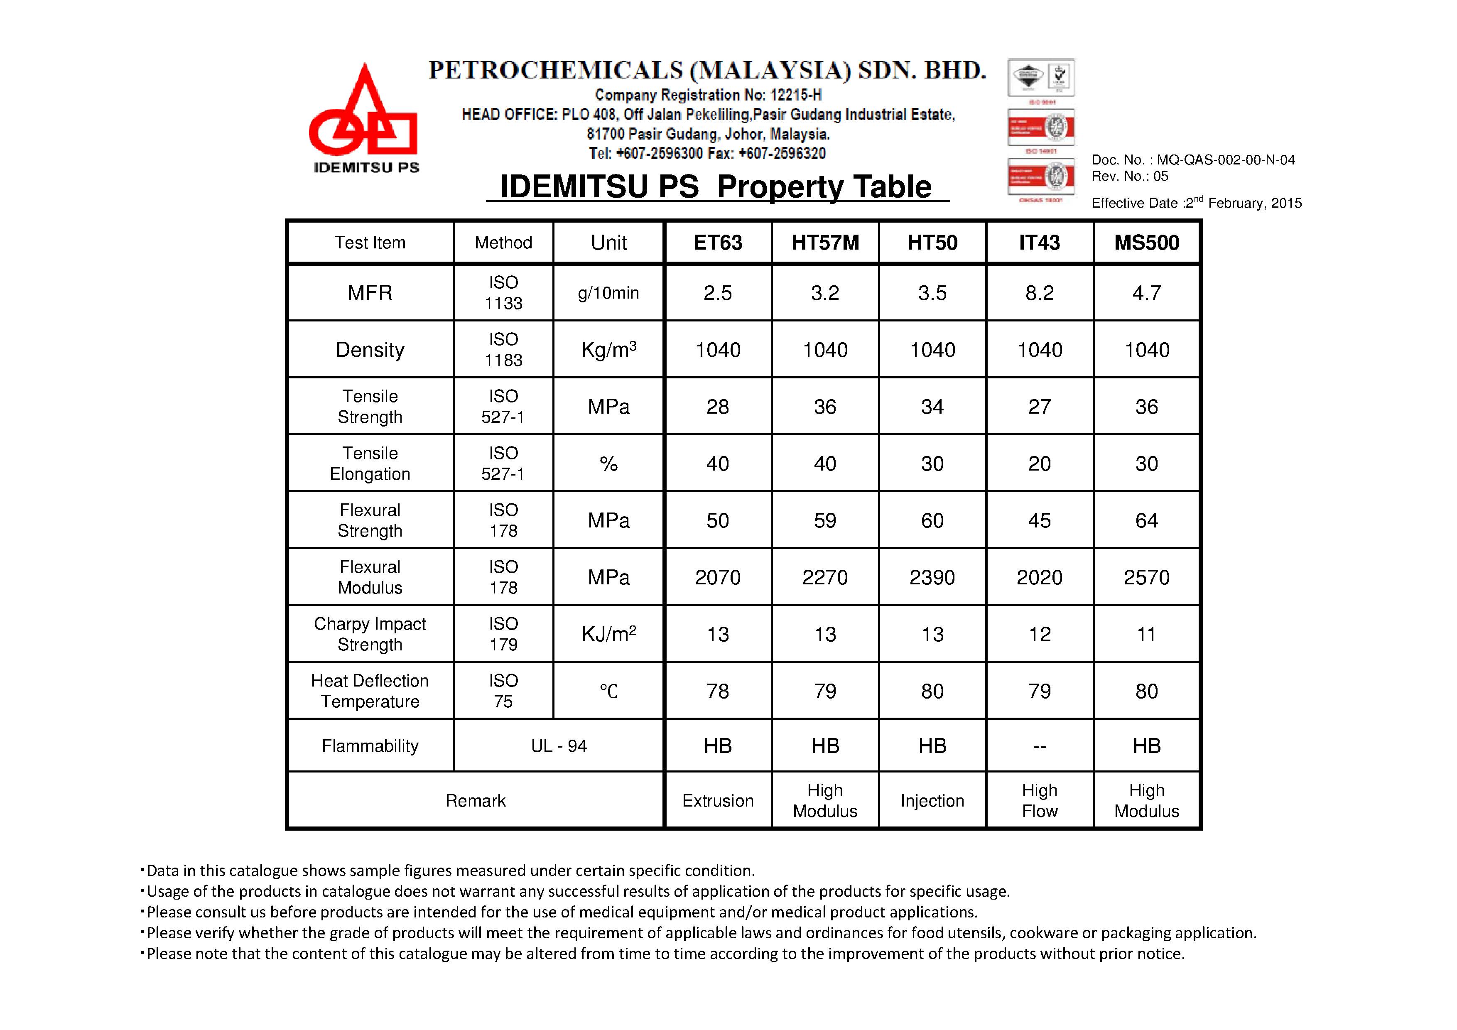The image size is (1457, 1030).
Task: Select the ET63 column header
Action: pos(718,243)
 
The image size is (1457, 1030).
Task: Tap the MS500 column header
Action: pos(1147,243)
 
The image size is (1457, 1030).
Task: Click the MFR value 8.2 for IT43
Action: pos(1040,292)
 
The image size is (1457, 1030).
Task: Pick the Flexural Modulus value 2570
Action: pos(1147,577)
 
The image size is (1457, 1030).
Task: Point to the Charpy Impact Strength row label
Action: pos(370,634)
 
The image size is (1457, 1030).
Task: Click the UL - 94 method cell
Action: pos(559,746)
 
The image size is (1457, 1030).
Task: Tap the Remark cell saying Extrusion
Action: pos(718,801)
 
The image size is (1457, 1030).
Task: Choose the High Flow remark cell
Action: pos(1040,801)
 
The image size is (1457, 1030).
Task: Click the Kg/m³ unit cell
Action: pos(608,350)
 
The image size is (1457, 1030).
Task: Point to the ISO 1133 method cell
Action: pos(503,292)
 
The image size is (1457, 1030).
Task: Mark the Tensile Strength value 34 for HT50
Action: pos(932,407)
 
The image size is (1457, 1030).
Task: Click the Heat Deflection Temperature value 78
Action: pos(718,691)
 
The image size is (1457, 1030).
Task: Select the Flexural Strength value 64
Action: pos(1147,520)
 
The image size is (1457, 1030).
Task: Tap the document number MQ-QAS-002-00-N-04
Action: pos(1225,160)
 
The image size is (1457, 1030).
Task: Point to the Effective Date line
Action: pos(1196,202)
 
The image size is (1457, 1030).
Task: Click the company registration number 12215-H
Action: pos(796,95)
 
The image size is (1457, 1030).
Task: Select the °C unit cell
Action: pos(608,691)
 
